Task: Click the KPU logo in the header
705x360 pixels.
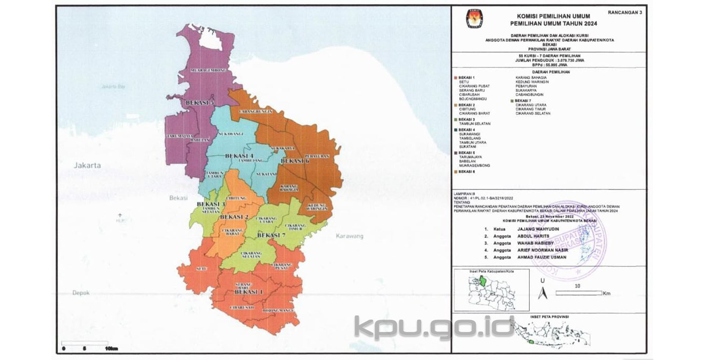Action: [x=474, y=19]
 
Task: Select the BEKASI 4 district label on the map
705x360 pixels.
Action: [x=239, y=156]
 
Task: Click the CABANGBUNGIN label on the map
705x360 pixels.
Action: [x=256, y=111]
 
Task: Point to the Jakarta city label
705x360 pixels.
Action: [x=87, y=165]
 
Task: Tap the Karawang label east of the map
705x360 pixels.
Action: [x=349, y=236]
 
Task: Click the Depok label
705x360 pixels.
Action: [x=81, y=293]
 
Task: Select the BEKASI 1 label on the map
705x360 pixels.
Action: [x=249, y=292]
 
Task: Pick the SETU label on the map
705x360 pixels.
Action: [x=202, y=269]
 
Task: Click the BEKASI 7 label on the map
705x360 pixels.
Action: [x=271, y=235]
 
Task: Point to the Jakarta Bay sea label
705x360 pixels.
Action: [x=113, y=87]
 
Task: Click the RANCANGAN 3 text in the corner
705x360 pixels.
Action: [x=625, y=12]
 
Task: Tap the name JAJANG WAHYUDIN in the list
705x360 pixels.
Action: [x=538, y=229]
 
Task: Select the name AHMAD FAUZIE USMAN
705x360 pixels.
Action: [x=542, y=257]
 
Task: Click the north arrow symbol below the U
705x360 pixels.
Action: [x=543, y=293]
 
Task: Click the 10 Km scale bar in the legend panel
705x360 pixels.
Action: [x=578, y=293]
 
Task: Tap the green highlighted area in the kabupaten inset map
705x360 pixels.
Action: [x=482, y=281]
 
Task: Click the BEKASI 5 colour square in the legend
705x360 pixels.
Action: [x=456, y=153]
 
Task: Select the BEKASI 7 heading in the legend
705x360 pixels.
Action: [x=523, y=101]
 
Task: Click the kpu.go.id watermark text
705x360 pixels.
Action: [x=433, y=327]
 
